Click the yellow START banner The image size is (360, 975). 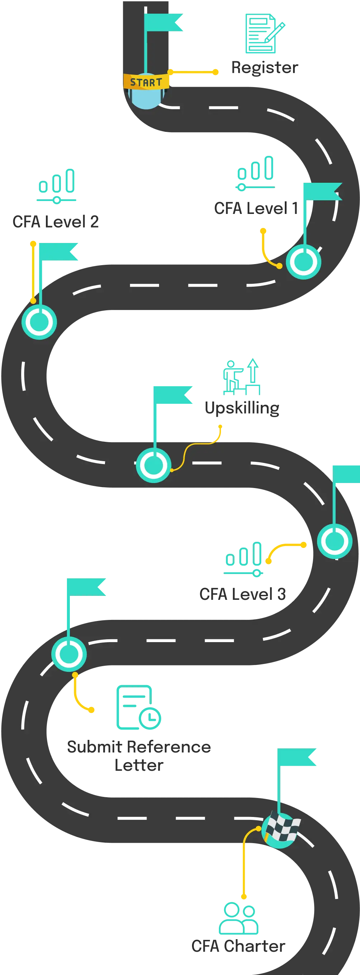click(x=146, y=82)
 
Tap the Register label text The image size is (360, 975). click(x=265, y=68)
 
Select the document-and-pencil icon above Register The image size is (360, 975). click(x=263, y=33)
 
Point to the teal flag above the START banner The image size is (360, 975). click(x=163, y=22)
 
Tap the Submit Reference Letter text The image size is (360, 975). click(x=139, y=755)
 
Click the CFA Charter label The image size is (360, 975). click(x=239, y=947)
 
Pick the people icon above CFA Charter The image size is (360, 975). click(x=239, y=918)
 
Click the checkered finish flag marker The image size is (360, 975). click(x=281, y=829)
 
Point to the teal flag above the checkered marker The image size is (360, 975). click(x=296, y=758)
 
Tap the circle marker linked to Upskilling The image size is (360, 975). click(x=153, y=465)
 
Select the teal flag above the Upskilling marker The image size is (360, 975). click(x=173, y=395)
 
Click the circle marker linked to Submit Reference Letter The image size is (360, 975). click(x=69, y=654)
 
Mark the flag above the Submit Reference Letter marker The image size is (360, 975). click(x=87, y=586)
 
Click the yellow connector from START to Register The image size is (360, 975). click(x=193, y=72)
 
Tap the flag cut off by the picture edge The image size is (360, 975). click(x=346, y=474)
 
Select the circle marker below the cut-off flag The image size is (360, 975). click(x=335, y=541)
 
